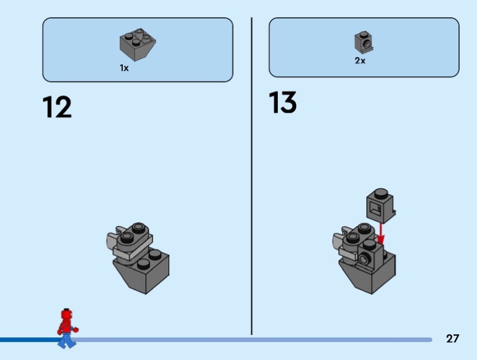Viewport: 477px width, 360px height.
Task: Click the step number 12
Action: pos(57,107)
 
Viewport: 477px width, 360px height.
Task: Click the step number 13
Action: pos(283,103)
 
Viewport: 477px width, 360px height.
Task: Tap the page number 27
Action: pos(453,339)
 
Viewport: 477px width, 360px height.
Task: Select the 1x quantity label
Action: pos(124,69)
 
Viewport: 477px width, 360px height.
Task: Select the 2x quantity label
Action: pos(360,61)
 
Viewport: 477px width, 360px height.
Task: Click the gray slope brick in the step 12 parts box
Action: pos(138,44)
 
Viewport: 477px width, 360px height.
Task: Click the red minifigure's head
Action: pos(67,314)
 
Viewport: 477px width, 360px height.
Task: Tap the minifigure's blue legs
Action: pos(67,340)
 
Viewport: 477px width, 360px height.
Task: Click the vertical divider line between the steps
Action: pos(252,179)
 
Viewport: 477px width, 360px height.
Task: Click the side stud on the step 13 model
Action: pos(363,257)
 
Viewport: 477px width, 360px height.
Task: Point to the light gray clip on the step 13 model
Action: pos(337,241)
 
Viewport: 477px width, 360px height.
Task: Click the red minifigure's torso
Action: pos(66,326)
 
